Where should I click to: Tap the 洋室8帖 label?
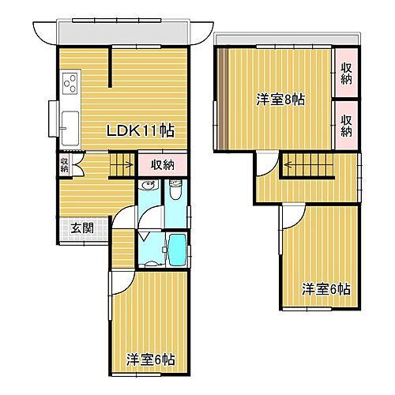pyautogui.click(x=280, y=100)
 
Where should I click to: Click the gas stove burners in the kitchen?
pyautogui.click(x=70, y=82)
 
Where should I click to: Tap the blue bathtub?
pyautogui.click(x=176, y=251)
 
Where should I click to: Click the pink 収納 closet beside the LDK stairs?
pyautogui.click(x=163, y=164)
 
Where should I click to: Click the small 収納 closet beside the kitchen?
pyautogui.click(x=64, y=164)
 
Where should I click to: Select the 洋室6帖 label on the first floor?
pyautogui.click(x=149, y=359)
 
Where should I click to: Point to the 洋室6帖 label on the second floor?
pyautogui.click(x=326, y=290)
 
